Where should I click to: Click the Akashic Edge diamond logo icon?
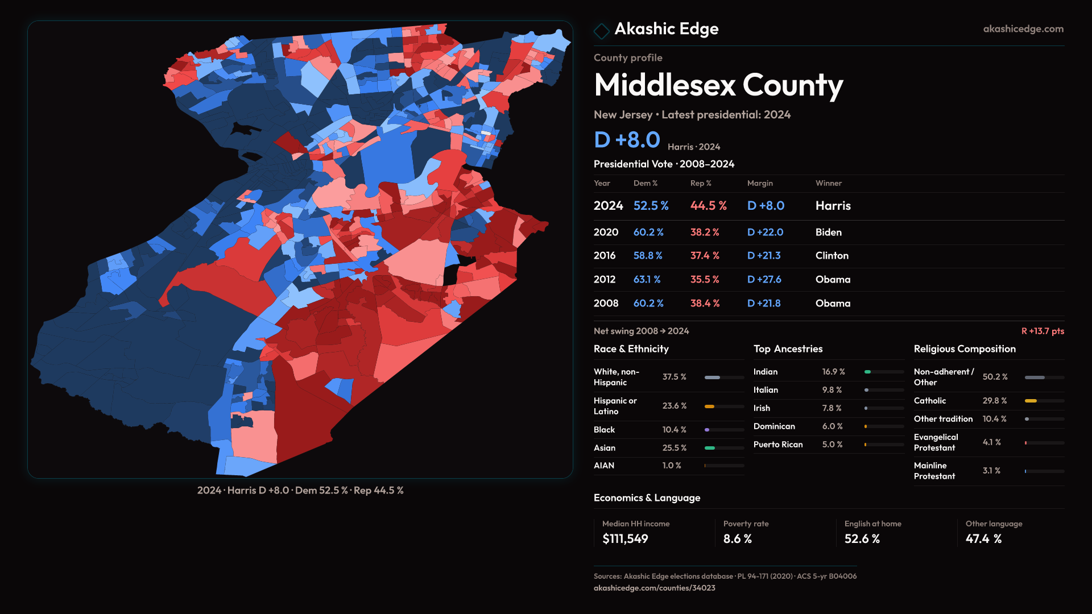pos(601,31)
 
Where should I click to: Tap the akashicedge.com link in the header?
pos(1023,29)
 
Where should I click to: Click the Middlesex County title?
pos(718,85)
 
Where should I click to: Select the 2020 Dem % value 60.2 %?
pos(648,233)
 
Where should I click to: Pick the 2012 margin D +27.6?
pos(764,280)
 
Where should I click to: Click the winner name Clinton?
pos(832,256)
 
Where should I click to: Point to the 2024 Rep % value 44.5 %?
pos(708,206)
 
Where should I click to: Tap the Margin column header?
pos(760,183)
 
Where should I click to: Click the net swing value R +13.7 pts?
pos(1042,331)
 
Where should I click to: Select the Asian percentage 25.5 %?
pos(674,448)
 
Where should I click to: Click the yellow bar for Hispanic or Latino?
pos(709,406)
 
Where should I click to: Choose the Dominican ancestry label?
pos(774,426)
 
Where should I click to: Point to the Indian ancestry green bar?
pos(868,372)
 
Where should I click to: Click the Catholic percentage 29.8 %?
pos(994,401)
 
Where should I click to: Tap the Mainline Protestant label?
pos(934,471)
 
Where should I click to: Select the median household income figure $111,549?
pos(625,539)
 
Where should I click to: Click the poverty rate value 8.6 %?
pos(737,539)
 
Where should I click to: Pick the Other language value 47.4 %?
pos(983,539)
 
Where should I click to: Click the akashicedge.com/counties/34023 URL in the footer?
pos(654,588)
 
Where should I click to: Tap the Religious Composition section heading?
pos(964,349)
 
